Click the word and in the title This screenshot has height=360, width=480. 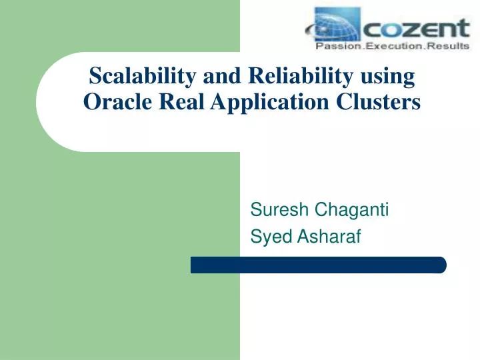[217, 77]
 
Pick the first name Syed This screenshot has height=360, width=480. [266, 236]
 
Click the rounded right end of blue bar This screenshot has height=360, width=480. [441, 265]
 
